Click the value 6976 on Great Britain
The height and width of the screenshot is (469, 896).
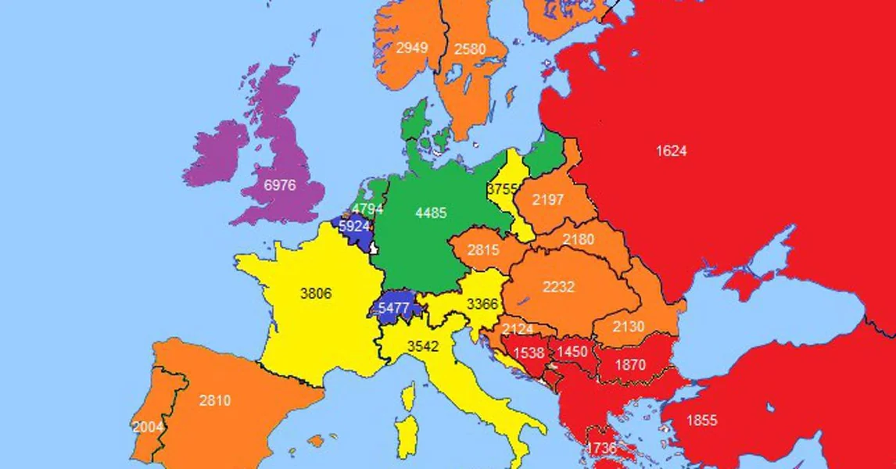[281, 184]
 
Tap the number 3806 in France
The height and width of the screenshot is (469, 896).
[316, 294]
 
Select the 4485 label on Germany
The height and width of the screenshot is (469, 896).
[432, 213]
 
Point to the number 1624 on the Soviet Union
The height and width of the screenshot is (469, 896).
[671, 151]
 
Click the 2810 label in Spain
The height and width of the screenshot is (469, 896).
[215, 401]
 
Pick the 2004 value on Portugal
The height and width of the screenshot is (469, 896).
[148, 427]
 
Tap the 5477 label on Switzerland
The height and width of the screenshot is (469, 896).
[394, 308]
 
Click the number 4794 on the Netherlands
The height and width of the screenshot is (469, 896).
[367, 209]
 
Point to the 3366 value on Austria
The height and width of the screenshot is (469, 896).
[482, 304]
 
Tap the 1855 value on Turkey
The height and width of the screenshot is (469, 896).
[701, 421]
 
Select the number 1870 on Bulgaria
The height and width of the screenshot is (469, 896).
[630, 364]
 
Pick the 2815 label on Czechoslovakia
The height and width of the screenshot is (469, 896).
[484, 250]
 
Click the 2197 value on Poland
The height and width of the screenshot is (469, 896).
[548, 200]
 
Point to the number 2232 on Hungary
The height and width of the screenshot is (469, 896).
[558, 288]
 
